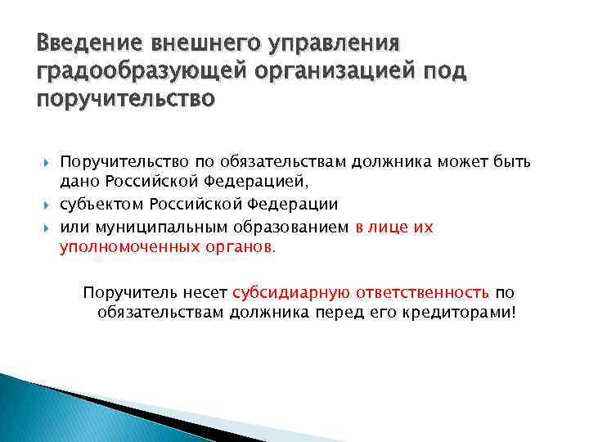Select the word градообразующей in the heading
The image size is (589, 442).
click(119, 71)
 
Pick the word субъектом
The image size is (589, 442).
click(99, 204)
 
